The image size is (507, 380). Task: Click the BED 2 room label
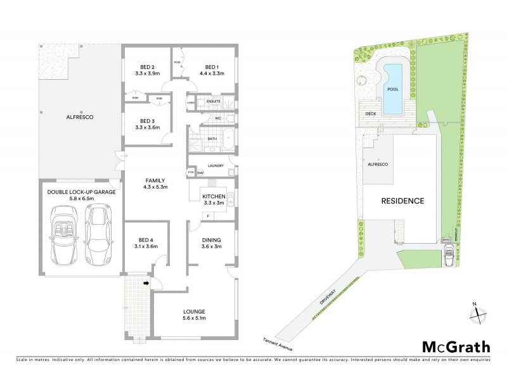point(148,67)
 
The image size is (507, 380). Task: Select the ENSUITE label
point(214,101)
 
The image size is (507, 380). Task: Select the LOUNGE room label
point(193,311)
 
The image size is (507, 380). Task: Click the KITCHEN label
point(214,197)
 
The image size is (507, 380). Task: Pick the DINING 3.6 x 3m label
point(212,244)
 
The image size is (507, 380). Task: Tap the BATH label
point(212,138)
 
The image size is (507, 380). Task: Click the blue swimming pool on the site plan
point(393,89)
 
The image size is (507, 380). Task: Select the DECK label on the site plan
point(371,114)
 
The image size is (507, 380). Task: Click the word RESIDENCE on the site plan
point(402,201)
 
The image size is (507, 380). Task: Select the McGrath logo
point(456,346)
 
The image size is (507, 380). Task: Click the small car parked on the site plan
point(449,256)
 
